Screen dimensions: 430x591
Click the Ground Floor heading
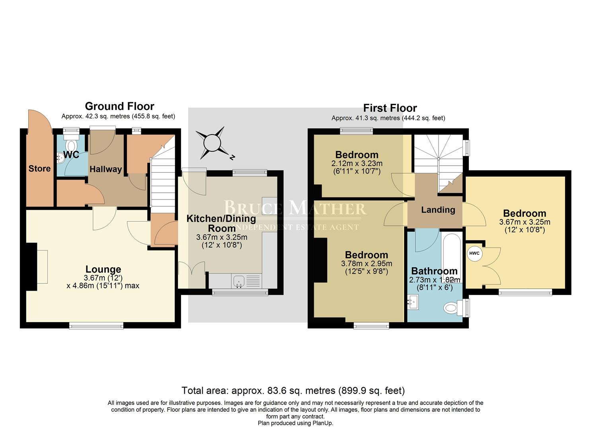coord(119,106)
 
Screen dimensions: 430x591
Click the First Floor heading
coord(390,108)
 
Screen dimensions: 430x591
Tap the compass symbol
coord(212,143)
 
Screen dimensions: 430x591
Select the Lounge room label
coord(103,270)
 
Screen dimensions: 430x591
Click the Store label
coord(39,168)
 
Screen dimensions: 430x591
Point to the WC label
coord(71,155)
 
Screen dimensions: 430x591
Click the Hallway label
coord(105,169)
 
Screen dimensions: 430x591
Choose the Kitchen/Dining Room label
coord(222,223)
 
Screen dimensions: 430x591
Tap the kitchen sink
coord(240,281)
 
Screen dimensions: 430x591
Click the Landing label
coord(438,210)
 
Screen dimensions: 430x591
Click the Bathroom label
coord(434,271)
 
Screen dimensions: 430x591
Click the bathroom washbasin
coord(413,303)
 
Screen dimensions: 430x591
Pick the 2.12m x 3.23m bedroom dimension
coord(357,163)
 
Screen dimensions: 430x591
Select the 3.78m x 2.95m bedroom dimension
coord(366,264)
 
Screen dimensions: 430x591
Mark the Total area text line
coord(293,390)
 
